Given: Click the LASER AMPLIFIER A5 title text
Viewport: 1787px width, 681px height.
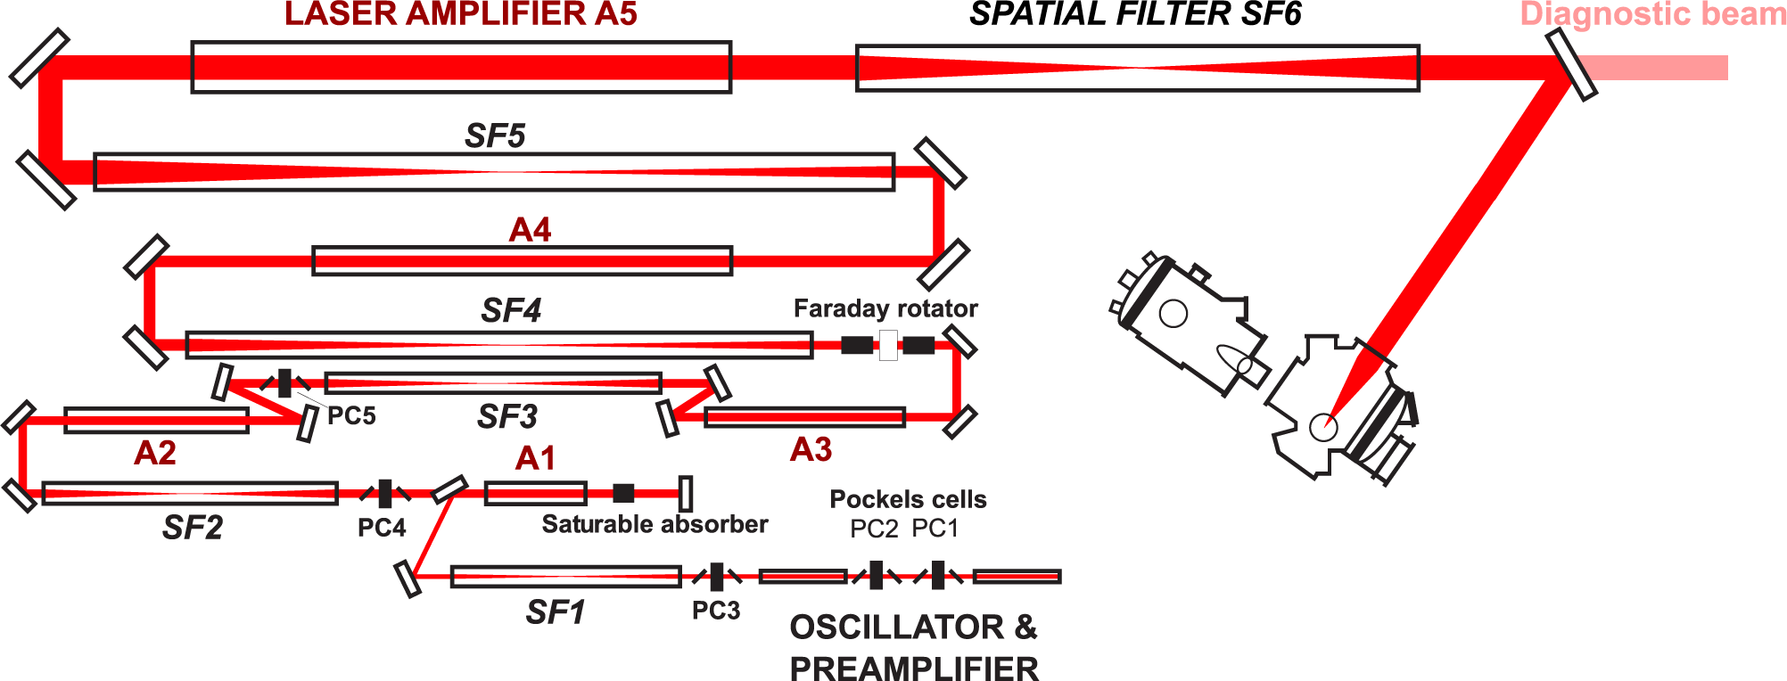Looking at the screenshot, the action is [461, 14].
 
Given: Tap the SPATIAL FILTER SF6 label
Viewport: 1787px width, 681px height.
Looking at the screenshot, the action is [1135, 14].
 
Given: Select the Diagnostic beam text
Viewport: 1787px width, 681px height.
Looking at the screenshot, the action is [1653, 14].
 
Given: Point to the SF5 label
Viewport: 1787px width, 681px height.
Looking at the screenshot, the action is [495, 135].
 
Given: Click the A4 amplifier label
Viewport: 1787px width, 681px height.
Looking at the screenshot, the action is [530, 230].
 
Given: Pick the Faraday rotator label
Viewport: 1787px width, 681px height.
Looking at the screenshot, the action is [885, 308].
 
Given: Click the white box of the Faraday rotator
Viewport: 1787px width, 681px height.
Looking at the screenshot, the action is [888, 345].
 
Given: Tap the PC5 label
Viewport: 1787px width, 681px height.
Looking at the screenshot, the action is [351, 416].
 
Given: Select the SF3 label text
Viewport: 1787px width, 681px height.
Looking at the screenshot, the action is [507, 416].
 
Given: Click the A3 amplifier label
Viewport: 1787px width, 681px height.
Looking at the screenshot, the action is [811, 449].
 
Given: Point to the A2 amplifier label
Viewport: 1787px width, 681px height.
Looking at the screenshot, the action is [155, 453].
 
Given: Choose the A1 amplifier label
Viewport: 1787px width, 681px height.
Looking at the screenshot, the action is [536, 458].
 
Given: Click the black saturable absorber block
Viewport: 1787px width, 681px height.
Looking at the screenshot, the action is [624, 493].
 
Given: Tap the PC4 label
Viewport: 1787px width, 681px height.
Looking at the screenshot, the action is [382, 528].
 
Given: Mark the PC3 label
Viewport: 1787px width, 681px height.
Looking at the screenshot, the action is [716, 611].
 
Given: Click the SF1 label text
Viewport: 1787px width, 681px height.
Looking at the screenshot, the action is [556, 612].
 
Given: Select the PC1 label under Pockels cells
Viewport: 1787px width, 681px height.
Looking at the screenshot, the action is [935, 529].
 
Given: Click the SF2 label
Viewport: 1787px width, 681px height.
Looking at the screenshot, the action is [193, 528].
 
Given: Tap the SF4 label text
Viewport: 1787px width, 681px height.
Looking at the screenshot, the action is [511, 310].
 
